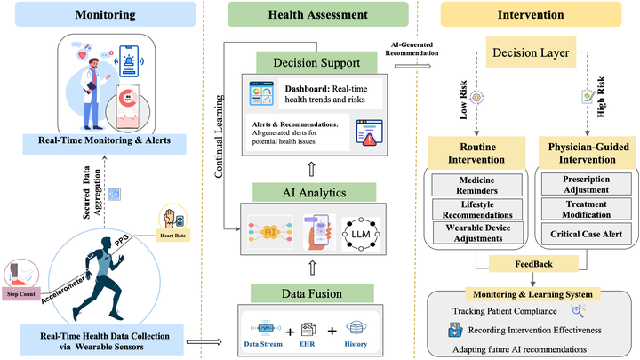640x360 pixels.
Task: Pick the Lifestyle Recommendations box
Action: pyautogui.click(x=472, y=209)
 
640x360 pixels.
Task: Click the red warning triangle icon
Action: pyautogui.click(x=367, y=139)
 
